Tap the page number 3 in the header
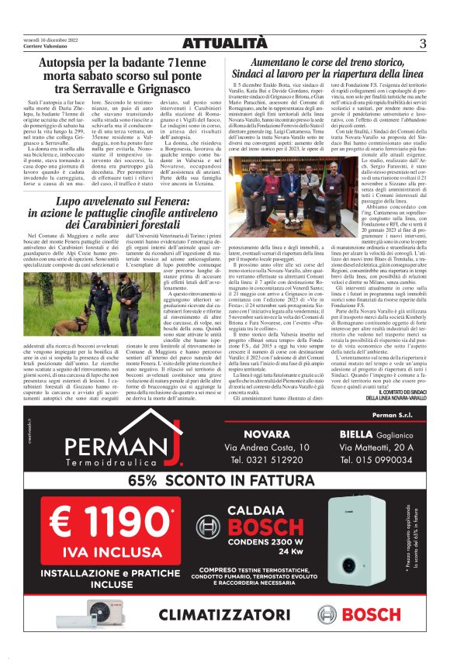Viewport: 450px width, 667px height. coord(423,43)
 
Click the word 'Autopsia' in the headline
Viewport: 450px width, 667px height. coord(66,62)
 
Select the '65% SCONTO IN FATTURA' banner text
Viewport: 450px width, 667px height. coord(224,479)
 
